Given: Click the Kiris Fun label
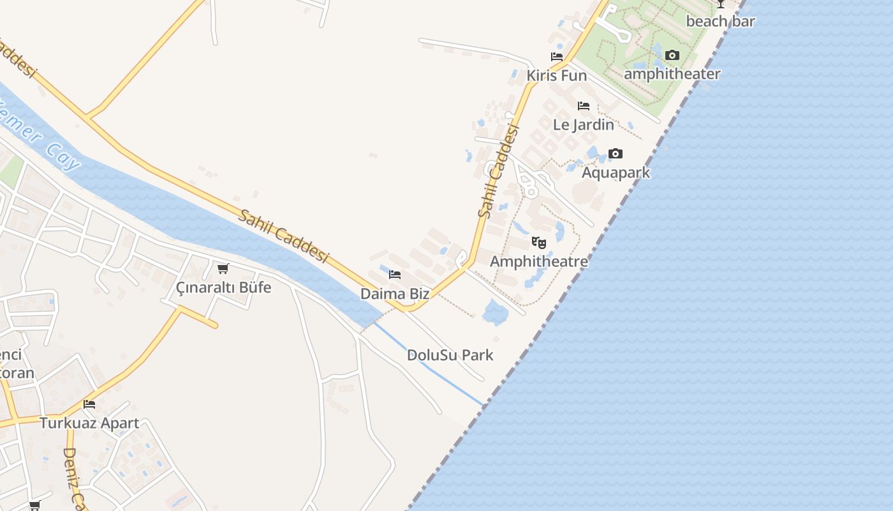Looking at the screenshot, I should pos(556,76).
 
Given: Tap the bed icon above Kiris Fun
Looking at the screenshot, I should pos(557,56).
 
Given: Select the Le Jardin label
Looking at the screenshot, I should pos(583,125).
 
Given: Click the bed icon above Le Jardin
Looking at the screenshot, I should pos(584,105).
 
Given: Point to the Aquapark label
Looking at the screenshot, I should pos(616,172).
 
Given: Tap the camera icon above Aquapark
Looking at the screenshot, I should pos(616,153).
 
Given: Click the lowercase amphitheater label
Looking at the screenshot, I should pos(672,74).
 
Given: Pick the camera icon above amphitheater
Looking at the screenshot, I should pos(672,56).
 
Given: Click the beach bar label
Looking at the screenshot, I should pos(720,21).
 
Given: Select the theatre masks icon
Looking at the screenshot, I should pos(539,243).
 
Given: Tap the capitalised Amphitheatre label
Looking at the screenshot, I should pos(539,261).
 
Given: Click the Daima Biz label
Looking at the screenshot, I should pos(395,294).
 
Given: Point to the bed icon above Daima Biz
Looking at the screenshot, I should pos(395,275).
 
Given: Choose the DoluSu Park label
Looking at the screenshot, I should pos(450,355).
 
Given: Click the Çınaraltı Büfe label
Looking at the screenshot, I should pos(223,287).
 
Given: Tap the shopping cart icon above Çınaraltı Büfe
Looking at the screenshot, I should pos(223,268).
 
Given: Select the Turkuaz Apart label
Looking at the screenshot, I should pos(89,423).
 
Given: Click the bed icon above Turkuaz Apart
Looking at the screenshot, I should pos(89,404).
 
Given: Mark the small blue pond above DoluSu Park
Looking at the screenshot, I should pos(496,312).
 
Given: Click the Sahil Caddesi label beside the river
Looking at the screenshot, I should pos(283,236).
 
